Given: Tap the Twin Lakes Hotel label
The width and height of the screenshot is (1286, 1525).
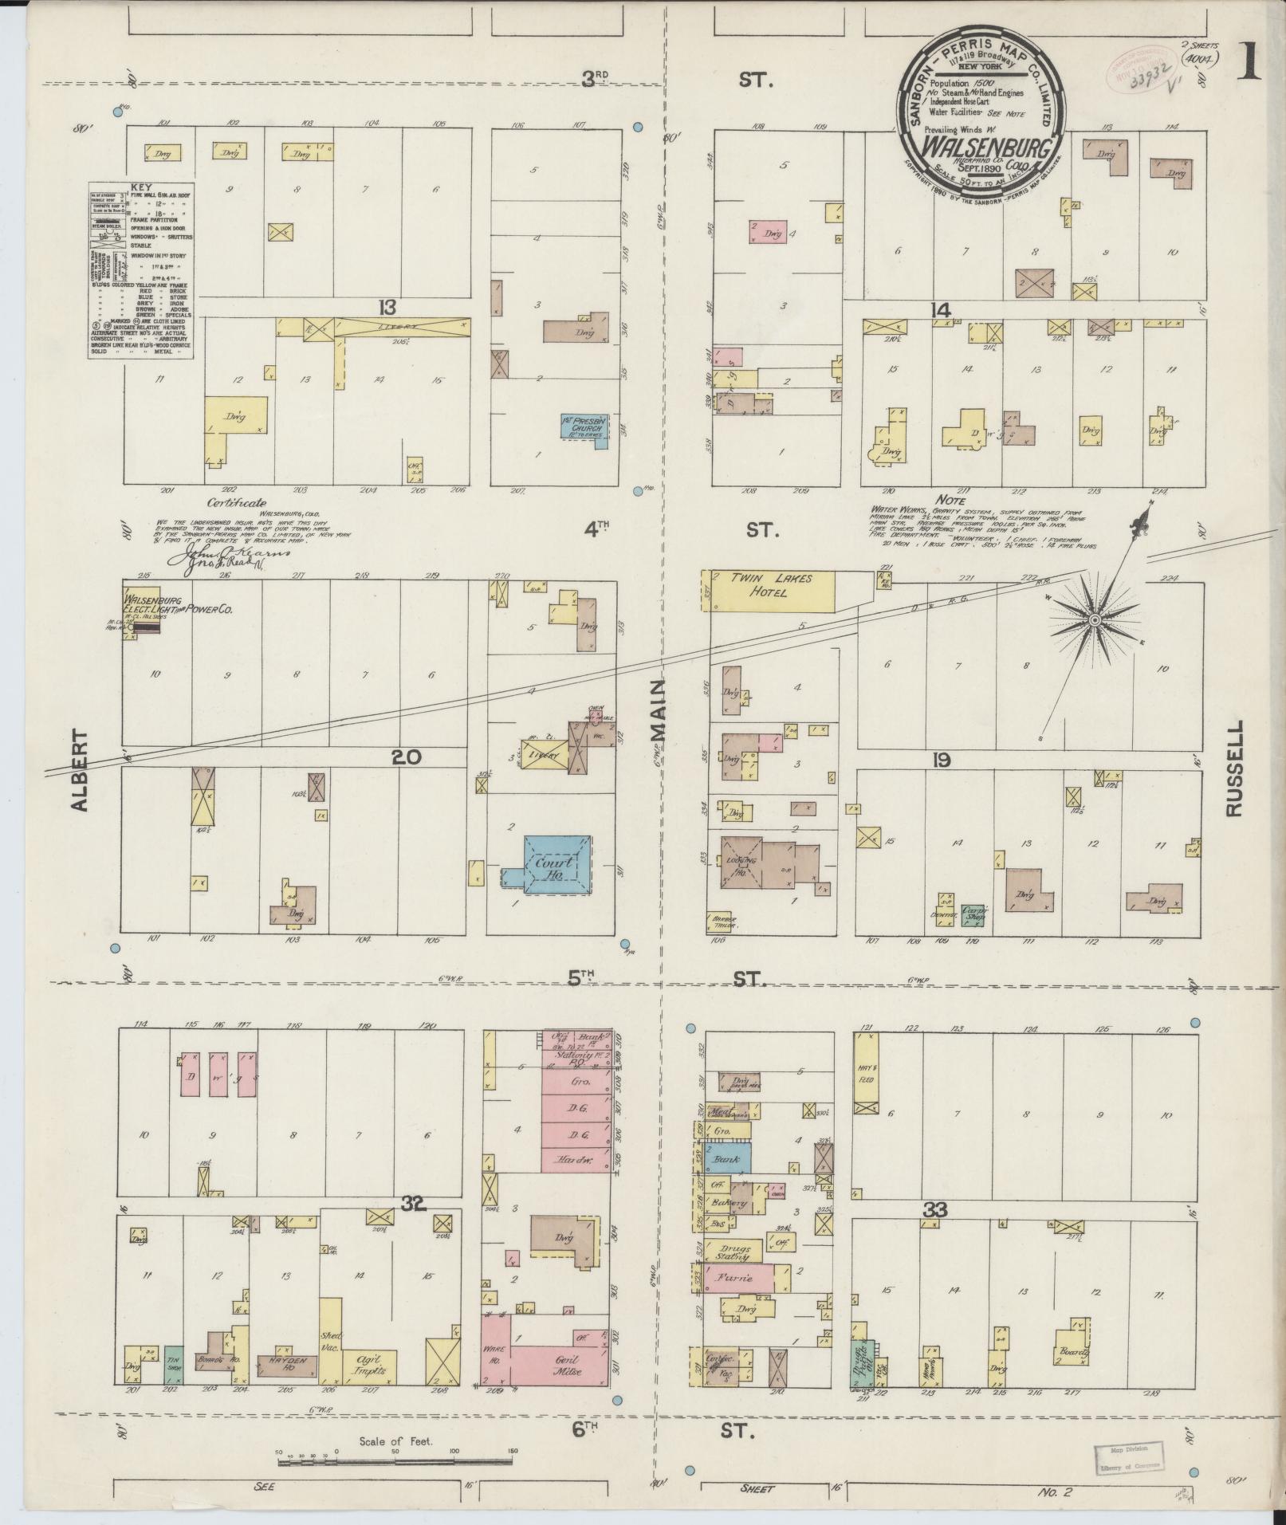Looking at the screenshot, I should pyautogui.click(x=762, y=585).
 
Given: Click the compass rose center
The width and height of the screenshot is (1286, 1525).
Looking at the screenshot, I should pyautogui.click(x=1095, y=619).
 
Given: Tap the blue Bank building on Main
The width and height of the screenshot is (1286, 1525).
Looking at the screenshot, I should pyautogui.click(x=727, y=1158).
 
